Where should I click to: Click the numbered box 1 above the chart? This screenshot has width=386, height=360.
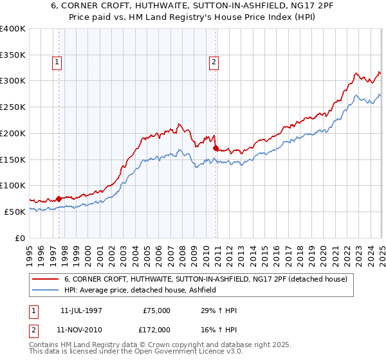pos(57,62)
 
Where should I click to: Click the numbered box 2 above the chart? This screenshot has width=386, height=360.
pos(213,62)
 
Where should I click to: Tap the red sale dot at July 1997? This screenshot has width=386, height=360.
pos(59,199)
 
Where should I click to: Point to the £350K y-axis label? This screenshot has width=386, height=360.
pos(13,55)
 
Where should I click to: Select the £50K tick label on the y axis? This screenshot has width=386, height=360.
pos(15,212)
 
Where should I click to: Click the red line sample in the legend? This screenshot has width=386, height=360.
pos(46,279)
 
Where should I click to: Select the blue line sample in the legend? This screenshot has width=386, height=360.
pos(46,291)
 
